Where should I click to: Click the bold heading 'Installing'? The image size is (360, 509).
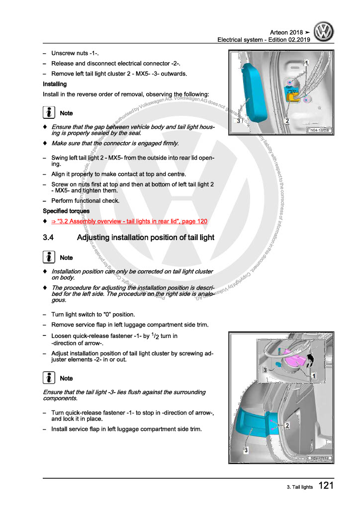pyautogui.click(x=55, y=84)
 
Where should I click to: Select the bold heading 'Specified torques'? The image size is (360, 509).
pyautogui.click(x=66, y=211)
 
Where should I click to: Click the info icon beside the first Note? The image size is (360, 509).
pyautogui.click(x=50, y=113)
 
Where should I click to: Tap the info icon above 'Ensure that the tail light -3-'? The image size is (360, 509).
pyautogui.click(x=50, y=378)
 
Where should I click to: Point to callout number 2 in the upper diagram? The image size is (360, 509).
pyautogui.click(x=287, y=121)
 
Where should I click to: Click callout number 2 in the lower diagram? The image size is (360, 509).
pyautogui.click(x=287, y=425)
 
